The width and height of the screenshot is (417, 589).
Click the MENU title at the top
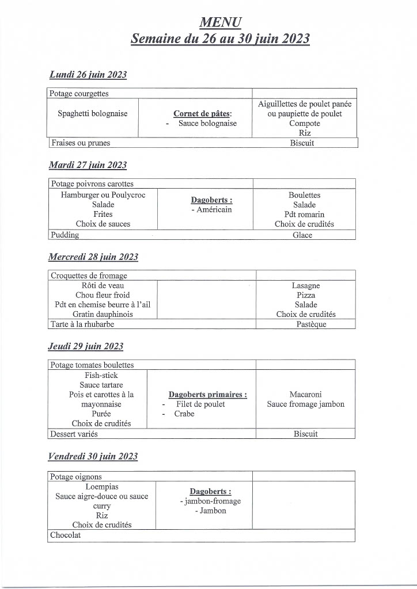tap(220, 22)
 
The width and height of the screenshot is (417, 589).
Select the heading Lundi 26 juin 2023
tap(88, 75)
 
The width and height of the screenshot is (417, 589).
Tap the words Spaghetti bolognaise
tap(93, 114)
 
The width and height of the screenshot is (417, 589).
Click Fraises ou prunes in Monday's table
tap(80, 143)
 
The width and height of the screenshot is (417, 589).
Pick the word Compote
tap(305, 124)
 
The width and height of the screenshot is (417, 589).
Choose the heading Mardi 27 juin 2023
tap(88, 165)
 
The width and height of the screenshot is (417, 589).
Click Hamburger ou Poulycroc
tap(103, 195)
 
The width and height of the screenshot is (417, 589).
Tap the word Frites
tap(103, 215)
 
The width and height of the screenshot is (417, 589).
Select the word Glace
tap(302, 235)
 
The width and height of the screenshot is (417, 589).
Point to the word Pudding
tap(65, 235)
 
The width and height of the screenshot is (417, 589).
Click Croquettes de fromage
tap(89, 276)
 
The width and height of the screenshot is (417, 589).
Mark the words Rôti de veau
tap(103, 285)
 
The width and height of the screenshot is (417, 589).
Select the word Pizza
tap(306, 295)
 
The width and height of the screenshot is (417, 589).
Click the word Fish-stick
tap(101, 375)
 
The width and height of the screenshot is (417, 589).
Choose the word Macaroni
tap(306, 395)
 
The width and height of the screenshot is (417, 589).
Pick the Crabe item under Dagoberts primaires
tap(184, 414)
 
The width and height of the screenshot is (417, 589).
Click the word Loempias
tap(102, 487)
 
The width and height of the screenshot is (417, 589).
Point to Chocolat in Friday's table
tap(66, 535)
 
